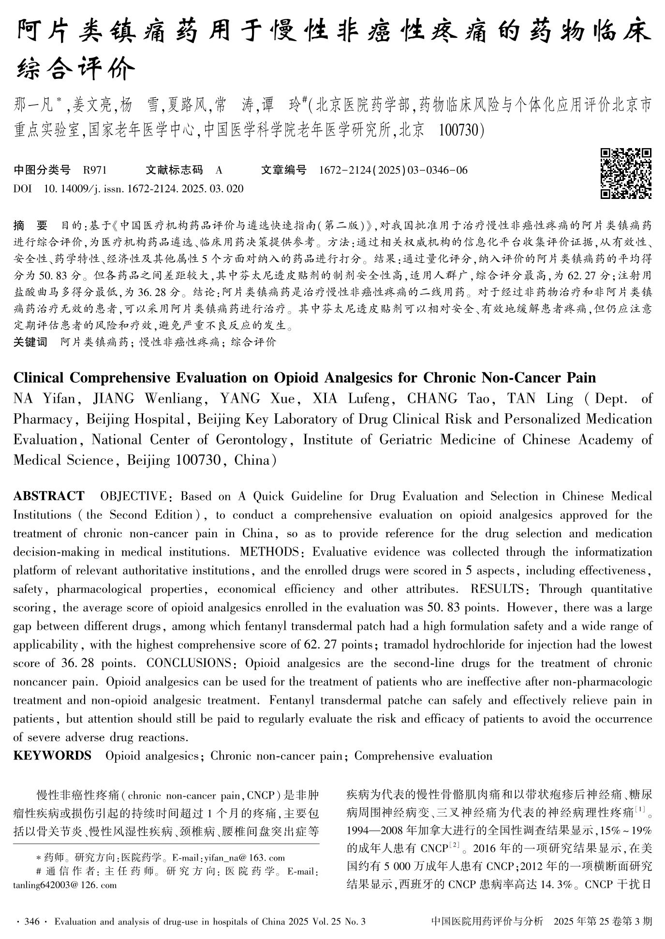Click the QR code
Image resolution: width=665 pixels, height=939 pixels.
(625, 173)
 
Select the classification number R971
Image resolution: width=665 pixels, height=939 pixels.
(95, 170)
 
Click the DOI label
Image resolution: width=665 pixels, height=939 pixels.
(22, 189)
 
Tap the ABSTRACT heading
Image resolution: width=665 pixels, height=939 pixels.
(48, 496)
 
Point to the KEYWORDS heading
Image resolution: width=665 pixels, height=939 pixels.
(52, 756)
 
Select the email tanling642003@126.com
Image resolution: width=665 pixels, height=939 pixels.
(65, 885)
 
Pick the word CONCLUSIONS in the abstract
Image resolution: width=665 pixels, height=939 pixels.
(189, 663)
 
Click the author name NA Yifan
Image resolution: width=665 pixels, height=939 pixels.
(44, 398)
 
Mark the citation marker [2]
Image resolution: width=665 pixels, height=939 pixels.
(454, 846)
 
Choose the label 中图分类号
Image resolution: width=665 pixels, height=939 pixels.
(42, 170)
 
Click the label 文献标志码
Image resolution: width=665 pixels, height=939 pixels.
(174, 170)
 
